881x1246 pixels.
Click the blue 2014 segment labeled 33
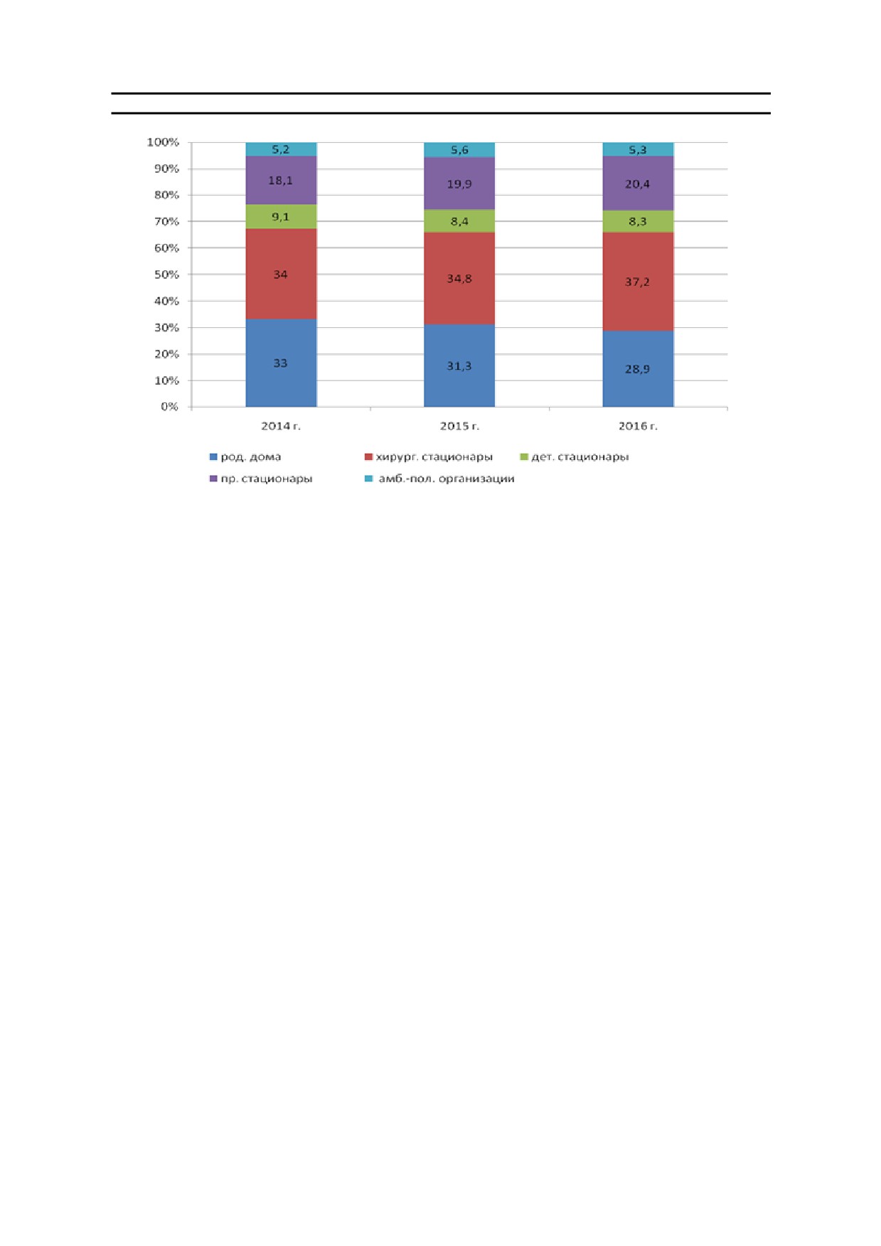pos(281,363)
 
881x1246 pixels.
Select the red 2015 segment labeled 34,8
pos(459,278)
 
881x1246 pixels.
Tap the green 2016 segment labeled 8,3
pos(638,221)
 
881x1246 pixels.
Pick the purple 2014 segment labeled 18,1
pos(281,180)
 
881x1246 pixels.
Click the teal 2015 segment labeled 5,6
pos(459,149)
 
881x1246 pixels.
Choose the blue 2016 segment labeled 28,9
pos(638,368)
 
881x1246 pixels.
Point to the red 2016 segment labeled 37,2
pos(638,282)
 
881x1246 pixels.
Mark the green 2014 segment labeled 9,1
pos(281,217)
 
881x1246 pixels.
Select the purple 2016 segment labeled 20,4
pos(638,183)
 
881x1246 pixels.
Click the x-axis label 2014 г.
pos(281,426)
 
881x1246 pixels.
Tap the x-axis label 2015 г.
pos(459,426)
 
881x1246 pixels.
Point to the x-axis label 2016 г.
pos(638,426)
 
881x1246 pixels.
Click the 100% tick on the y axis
pos(163,142)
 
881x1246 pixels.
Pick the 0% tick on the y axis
pos(169,407)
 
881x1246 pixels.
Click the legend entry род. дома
pos(245,457)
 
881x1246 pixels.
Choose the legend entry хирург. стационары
pos(428,457)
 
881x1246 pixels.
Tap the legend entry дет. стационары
pos(575,457)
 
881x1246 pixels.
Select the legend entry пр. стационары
pos(261,479)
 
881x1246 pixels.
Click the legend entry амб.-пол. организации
pos(439,479)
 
